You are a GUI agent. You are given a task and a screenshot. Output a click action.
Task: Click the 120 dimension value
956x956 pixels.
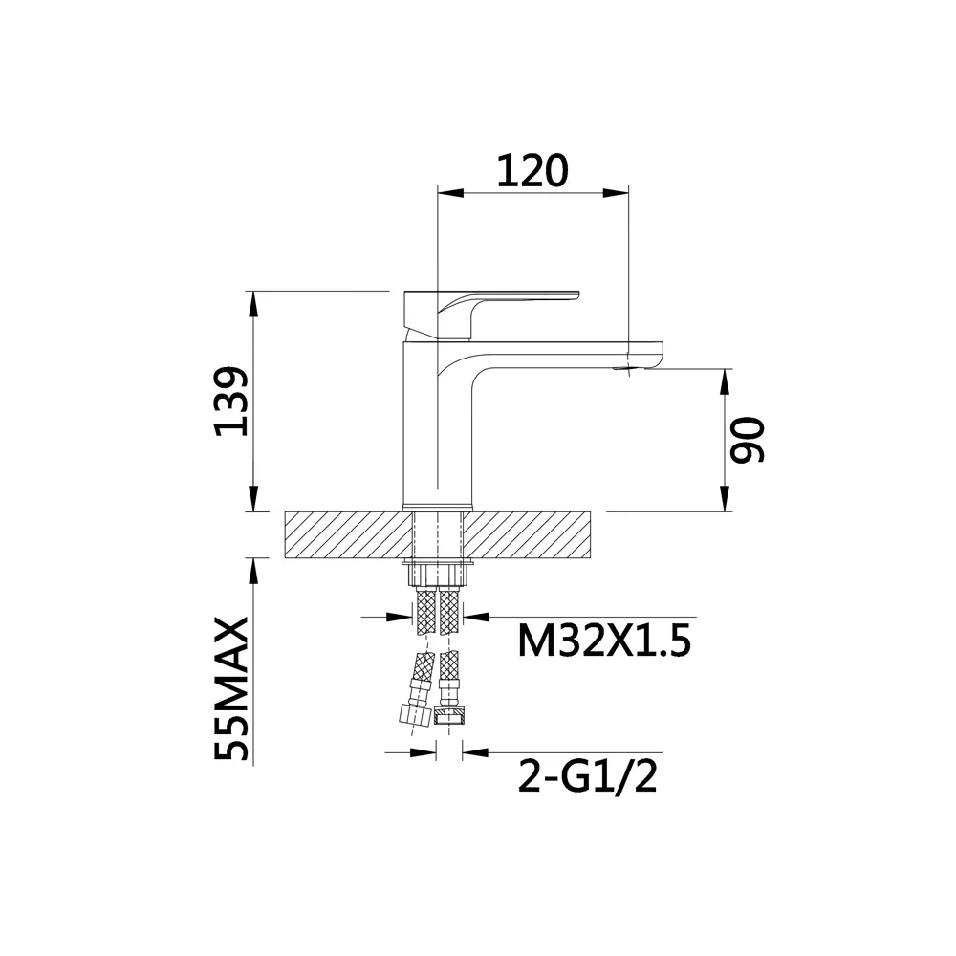(x=532, y=170)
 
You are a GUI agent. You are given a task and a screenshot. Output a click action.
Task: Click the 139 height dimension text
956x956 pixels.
(x=232, y=401)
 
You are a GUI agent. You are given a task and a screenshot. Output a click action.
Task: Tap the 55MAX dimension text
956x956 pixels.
(x=232, y=688)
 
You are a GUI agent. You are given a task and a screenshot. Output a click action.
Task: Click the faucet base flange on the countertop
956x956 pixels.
(x=439, y=508)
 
